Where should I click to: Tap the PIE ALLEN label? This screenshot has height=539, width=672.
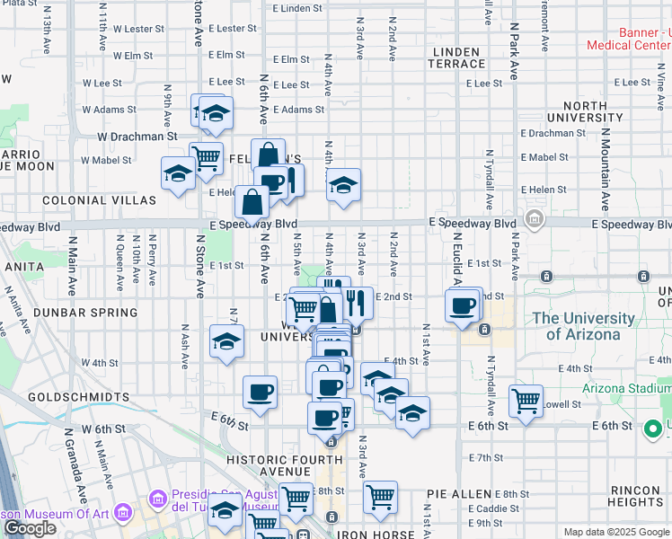[x=459, y=494]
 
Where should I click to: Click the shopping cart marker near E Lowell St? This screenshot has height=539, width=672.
[x=526, y=400]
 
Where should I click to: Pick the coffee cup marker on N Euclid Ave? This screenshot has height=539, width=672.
[x=464, y=305]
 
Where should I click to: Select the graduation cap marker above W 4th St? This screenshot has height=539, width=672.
[x=226, y=341]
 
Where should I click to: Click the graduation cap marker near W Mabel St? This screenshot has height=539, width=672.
[x=178, y=172]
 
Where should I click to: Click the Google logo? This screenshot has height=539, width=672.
[x=29, y=528]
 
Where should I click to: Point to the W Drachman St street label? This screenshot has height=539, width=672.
[x=137, y=137]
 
